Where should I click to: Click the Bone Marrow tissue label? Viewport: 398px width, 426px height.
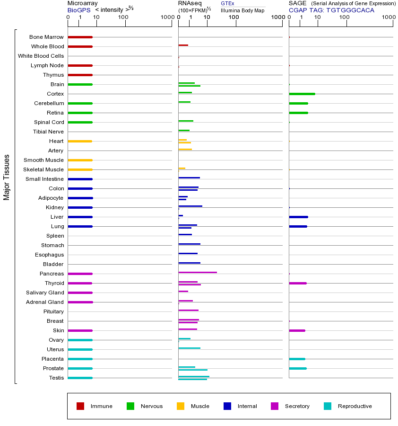pyautogui.click(x=46, y=37)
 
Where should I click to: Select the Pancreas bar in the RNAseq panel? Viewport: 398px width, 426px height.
pyautogui.click(x=198, y=272)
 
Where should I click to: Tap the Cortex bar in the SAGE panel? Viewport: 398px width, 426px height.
pyautogui.click(x=302, y=94)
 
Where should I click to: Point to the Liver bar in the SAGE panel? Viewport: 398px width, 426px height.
pyautogui.click(x=298, y=217)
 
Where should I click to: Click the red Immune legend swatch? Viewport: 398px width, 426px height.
pyautogui.click(x=80, y=406)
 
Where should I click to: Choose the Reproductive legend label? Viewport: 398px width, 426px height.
pyautogui.click(x=355, y=406)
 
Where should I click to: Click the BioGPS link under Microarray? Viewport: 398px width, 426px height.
pyautogui.click(x=78, y=10)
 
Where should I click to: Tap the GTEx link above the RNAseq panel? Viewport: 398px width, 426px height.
pyautogui.click(x=227, y=3)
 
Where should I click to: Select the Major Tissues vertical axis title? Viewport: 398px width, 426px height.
pyautogui.click(x=7, y=177)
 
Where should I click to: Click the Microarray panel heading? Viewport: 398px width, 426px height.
pyautogui.click(x=83, y=3)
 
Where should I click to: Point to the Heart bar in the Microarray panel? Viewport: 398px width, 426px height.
pyautogui.click(x=80, y=141)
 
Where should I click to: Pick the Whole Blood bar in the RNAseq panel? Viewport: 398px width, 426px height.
pyautogui.click(x=183, y=45)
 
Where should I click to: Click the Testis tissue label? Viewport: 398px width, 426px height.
pyautogui.click(x=56, y=378)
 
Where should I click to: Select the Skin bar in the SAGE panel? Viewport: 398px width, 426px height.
pyautogui.click(x=297, y=330)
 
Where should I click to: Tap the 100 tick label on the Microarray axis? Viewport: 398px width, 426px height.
pyautogui.click(x=123, y=18)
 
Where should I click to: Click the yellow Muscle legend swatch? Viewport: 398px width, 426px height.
pyautogui.click(x=181, y=406)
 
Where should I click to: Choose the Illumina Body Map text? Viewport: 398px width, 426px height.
pyautogui.click(x=242, y=10)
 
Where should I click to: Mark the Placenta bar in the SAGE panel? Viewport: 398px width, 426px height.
pyautogui.click(x=297, y=359)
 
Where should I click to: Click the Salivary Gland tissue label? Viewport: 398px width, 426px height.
pyautogui.click(x=45, y=293)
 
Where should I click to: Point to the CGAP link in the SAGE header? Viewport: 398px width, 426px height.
pyautogui.click(x=298, y=10)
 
